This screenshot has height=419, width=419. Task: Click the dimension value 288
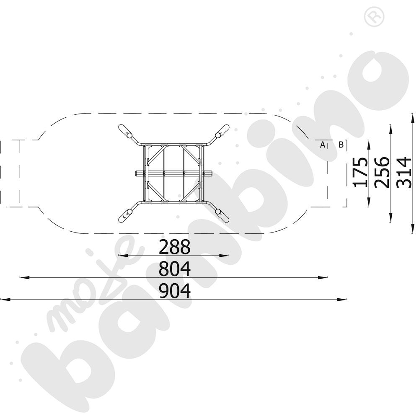174,247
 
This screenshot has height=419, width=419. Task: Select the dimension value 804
174,269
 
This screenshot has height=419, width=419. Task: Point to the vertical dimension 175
360,172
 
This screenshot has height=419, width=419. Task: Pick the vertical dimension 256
382,172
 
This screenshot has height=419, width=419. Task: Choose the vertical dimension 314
404,172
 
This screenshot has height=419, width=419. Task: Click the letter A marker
323,145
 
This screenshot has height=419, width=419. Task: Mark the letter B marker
341,145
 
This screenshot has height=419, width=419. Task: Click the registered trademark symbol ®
374,16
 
